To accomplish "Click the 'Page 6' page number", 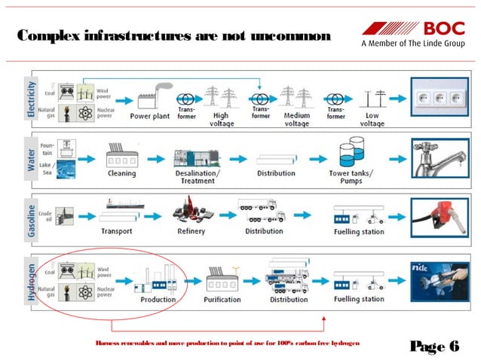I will pyautogui.click(x=435, y=346).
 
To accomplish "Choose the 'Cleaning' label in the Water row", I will pyautogui.click(x=121, y=173).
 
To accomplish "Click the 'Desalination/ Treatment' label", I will pyautogui.click(x=198, y=177).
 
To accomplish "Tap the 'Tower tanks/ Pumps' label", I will pyautogui.click(x=351, y=177).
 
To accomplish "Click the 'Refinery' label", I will pyautogui.click(x=191, y=230).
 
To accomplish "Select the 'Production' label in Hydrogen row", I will pyautogui.click(x=158, y=299).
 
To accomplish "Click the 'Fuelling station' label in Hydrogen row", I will pyautogui.click(x=359, y=299).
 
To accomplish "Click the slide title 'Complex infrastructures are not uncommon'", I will pyautogui.click(x=173, y=37).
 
